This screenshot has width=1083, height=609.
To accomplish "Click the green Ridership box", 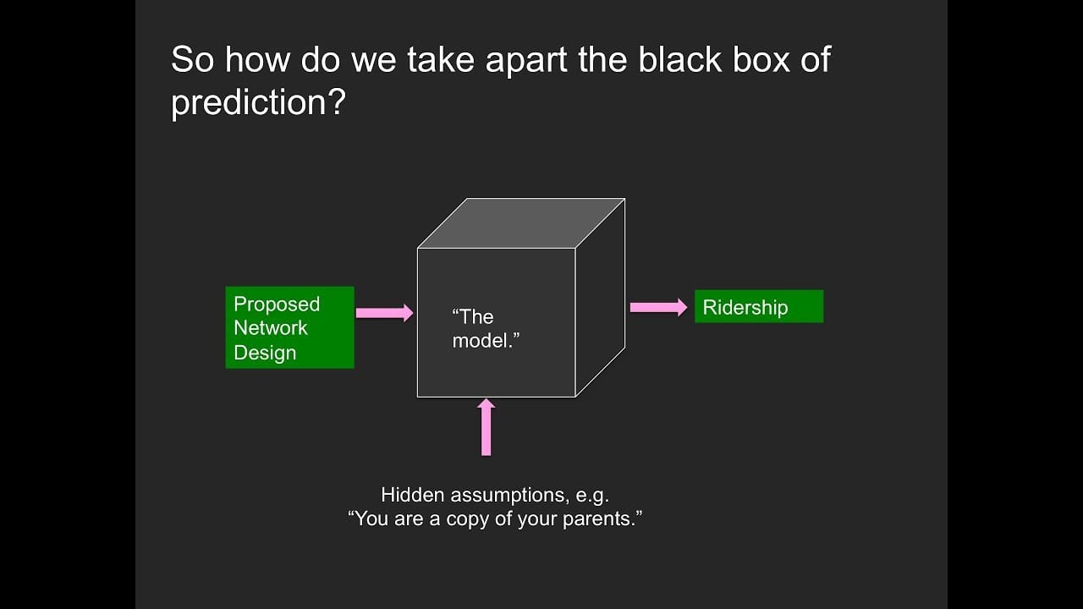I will point(758,306).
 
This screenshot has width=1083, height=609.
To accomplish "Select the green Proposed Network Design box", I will point(289,327).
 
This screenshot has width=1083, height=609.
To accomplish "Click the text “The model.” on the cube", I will point(485,328).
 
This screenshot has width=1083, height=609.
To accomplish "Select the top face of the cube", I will point(521,223).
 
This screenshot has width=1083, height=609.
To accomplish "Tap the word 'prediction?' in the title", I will point(259,102).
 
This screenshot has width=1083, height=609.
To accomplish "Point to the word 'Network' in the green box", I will point(271,328).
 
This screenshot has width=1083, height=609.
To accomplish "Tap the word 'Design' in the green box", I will point(265,353).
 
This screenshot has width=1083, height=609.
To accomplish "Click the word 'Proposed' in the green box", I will point(277,304).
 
